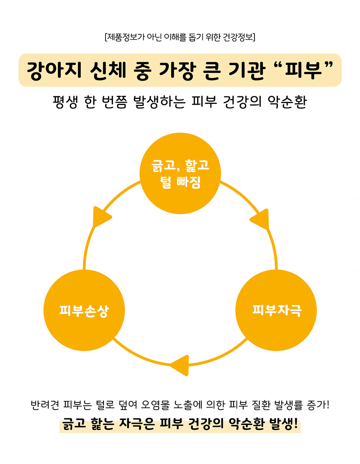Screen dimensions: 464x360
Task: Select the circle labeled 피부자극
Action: point(277,310)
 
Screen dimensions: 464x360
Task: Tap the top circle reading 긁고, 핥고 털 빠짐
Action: point(180,175)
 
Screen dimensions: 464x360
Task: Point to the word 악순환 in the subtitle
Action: point(287,102)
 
